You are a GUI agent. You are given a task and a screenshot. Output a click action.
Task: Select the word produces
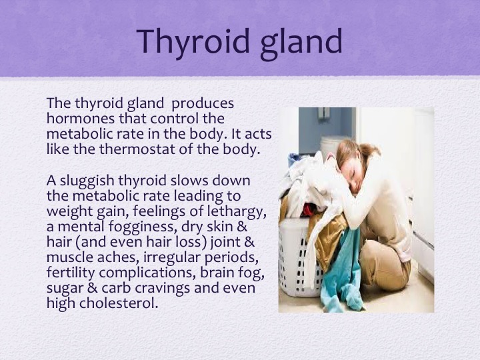click(x=203, y=104)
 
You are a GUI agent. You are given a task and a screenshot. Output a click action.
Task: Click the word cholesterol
click(x=119, y=303)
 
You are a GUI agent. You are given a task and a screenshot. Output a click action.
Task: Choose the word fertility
click(x=71, y=273)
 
